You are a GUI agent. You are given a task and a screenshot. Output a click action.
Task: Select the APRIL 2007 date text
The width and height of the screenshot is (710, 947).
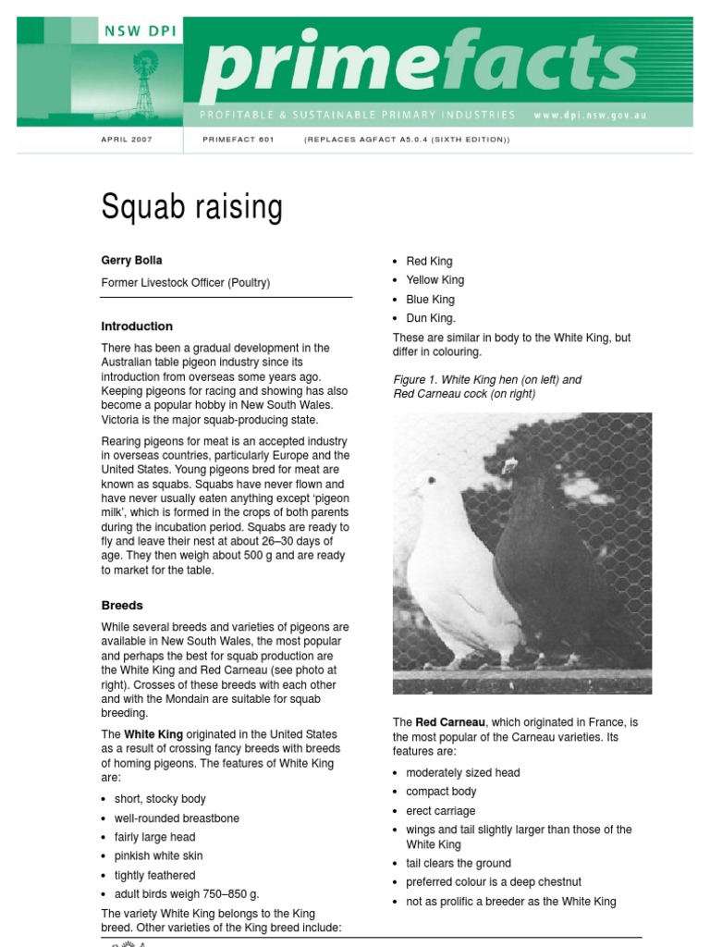(x=127, y=140)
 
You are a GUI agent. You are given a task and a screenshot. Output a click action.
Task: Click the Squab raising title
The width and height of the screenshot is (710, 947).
(x=191, y=207)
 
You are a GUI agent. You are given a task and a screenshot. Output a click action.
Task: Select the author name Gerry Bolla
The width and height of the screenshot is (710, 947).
(x=131, y=261)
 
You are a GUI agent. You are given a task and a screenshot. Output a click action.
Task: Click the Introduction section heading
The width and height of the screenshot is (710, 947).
(x=137, y=326)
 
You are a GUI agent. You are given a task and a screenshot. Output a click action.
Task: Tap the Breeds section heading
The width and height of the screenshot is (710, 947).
(x=122, y=606)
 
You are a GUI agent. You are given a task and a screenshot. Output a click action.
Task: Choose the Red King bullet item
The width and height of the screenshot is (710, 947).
(x=429, y=262)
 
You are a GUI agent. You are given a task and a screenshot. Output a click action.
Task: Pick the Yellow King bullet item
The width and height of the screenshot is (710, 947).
(x=435, y=280)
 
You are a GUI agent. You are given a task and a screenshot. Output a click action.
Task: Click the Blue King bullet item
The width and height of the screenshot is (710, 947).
(x=430, y=300)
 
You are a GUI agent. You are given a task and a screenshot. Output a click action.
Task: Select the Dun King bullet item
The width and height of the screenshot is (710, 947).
(x=431, y=318)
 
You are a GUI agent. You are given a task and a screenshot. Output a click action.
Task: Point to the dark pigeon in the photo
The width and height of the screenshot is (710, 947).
(x=545, y=564)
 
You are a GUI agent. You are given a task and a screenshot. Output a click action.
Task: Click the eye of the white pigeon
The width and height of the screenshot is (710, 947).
(x=430, y=481)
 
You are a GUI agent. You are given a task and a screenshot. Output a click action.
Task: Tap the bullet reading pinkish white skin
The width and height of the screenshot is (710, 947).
(x=158, y=856)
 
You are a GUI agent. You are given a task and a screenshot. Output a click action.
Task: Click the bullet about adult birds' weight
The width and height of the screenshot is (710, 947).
(x=187, y=894)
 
